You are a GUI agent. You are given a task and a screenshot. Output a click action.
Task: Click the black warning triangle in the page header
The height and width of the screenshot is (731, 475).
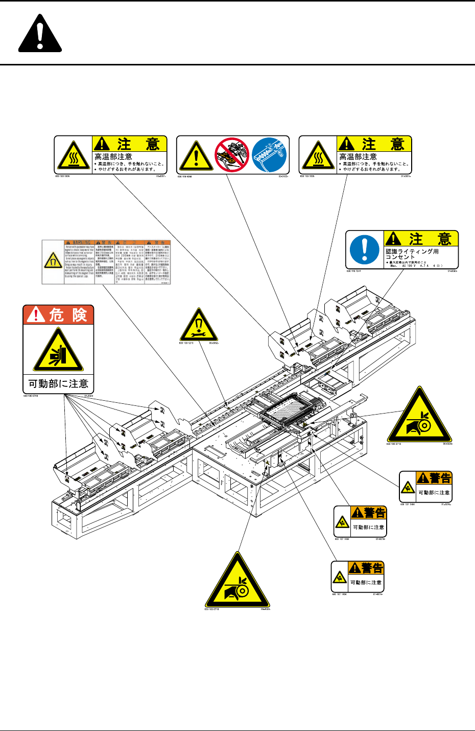point(40,34)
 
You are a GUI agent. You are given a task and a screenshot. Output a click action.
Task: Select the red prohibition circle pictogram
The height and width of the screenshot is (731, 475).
point(231,155)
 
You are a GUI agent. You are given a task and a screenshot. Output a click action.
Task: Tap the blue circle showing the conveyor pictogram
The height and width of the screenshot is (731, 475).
point(269,155)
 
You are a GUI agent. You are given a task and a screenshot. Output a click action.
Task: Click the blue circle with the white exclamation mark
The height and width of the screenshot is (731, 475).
point(365,250)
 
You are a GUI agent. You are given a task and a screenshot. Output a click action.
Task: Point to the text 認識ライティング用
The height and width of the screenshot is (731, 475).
point(412,251)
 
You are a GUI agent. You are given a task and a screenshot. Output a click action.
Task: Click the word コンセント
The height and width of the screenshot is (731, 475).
point(400,257)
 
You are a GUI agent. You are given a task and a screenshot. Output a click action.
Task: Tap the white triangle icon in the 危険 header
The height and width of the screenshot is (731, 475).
point(36,315)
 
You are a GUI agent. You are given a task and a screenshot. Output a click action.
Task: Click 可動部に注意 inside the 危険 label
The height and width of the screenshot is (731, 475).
point(58,384)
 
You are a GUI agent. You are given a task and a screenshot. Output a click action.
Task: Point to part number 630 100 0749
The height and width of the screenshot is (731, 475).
point(32,396)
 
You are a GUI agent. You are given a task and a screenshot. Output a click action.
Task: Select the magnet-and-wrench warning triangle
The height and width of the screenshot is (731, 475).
point(199,326)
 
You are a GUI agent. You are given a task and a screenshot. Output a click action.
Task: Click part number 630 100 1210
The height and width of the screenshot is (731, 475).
point(187,343)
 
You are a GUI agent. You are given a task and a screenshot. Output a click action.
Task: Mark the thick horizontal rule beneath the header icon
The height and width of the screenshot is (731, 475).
point(237,64)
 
